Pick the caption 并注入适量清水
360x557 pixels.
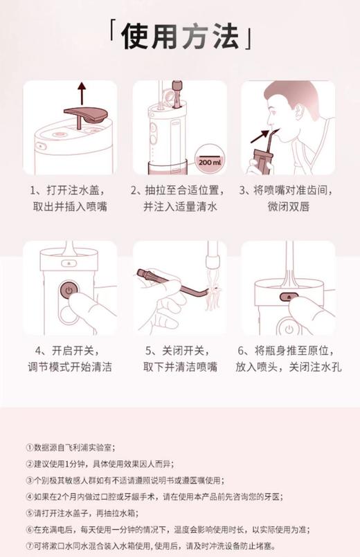pos(180,206)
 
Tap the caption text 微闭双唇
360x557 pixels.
pos(288,206)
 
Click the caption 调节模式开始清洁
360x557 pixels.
pos(70,366)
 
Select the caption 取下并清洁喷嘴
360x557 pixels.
pos(180,366)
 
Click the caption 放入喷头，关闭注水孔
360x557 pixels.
pos(288,366)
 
